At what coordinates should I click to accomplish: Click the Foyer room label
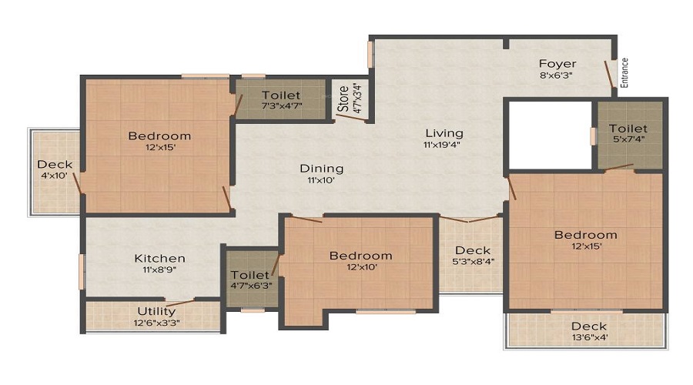click(557, 63)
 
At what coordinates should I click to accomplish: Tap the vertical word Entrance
click(625, 74)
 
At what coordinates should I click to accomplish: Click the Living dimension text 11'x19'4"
click(443, 145)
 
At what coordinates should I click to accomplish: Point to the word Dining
click(322, 169)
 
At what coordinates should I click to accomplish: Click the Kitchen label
click(159, 259)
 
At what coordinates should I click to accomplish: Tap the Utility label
click(156, 311)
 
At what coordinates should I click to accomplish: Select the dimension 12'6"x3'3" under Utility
click(156, 323)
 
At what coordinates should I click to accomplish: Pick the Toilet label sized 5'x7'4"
click(628, 129)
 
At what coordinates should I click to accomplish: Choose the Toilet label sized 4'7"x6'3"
click(249, 275)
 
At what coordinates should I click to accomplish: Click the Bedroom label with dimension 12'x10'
click(360, 256)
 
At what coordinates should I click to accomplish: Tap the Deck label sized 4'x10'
click(55, 164)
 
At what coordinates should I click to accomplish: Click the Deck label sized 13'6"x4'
click(589, 326)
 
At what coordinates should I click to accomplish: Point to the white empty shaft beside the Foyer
click(547, 135)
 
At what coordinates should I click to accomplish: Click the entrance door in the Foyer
click(609, 75)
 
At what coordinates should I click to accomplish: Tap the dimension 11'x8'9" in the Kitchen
click(159, 271)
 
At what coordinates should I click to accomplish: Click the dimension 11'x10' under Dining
click(322, 181)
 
